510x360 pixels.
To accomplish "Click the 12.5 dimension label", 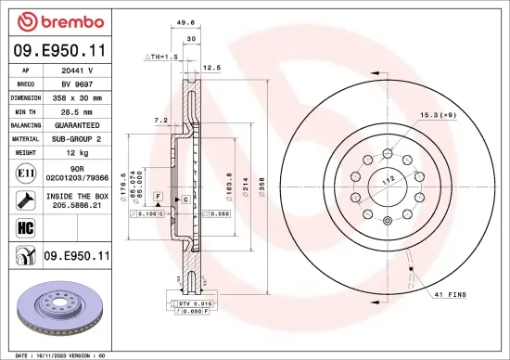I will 211,68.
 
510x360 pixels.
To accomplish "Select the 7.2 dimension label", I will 160,120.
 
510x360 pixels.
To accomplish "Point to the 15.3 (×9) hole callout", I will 440,114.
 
